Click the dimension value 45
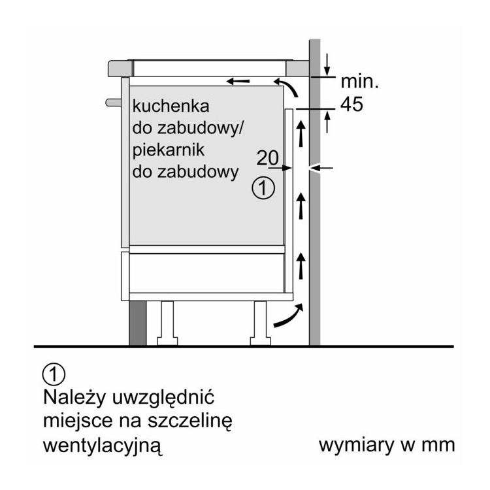tap(351, 104)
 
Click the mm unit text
tap(437, 446)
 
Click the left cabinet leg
tap(167, 321)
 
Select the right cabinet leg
tap(259, 321)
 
